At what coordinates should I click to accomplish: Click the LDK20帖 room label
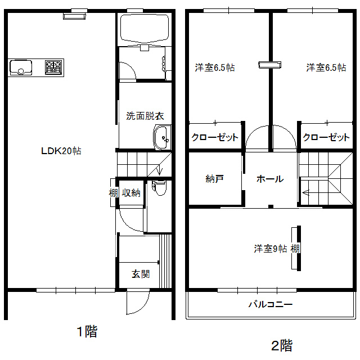(61, 151)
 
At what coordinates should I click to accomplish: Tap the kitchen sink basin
(21, 67)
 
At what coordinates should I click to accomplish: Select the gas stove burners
(53, 67)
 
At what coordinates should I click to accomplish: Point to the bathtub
(145, 29)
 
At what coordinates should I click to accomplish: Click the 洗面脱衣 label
(145, 116)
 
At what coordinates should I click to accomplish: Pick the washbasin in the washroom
(163, 137)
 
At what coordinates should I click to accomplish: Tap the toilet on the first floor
(159, 188)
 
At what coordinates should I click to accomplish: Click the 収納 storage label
(131, 192)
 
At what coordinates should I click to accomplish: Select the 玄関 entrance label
(141, 274)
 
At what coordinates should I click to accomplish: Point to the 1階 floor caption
(87, 331)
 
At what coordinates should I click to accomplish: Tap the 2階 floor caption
(282, 345)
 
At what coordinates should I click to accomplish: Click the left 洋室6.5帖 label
(215, 67)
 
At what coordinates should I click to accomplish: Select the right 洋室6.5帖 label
(326, 67)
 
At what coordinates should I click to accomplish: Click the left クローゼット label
(215, 137)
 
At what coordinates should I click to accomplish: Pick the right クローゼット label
(326, 137)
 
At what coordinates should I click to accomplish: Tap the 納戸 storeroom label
(214, 179)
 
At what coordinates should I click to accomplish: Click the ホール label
(270, 179)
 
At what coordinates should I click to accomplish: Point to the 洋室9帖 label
(271, 249)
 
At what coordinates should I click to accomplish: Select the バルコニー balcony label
(271, 304)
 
